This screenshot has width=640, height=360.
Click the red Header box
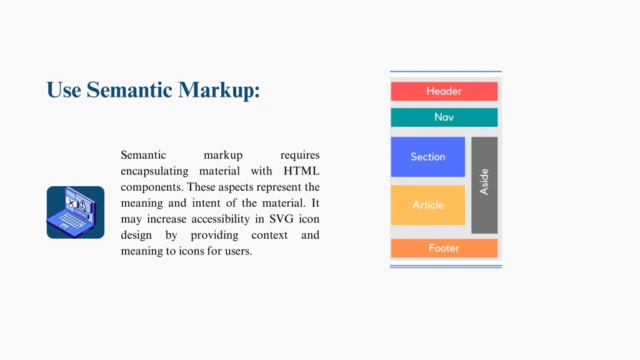444,91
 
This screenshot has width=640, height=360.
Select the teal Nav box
444,117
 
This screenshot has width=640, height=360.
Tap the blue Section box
427,157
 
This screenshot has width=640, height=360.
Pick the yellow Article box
427,205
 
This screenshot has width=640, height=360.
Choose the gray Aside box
484,185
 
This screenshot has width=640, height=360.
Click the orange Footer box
444,248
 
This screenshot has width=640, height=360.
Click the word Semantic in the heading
129,90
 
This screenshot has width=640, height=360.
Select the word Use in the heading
64,90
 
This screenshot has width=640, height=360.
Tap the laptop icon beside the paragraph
76,212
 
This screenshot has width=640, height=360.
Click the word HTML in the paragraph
301,171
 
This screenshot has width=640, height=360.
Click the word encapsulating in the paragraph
154,171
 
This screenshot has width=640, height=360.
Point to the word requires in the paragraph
299,156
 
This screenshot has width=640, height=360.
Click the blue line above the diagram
446,71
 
